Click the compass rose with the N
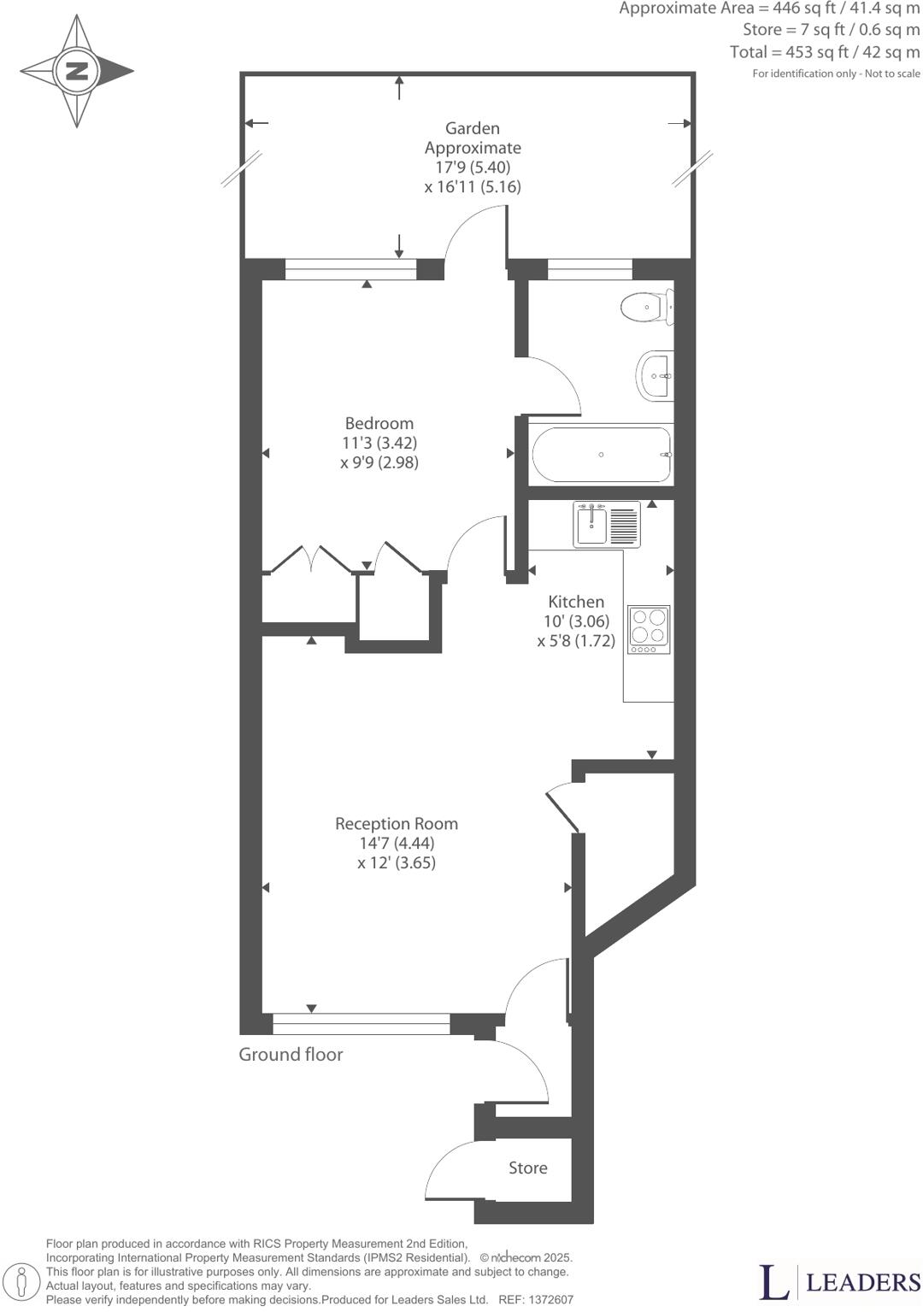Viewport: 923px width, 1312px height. click(x=77, y=71)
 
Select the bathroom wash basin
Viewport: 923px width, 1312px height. click(x=656, y=375)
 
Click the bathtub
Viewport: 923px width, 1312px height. click(x=602, y=455)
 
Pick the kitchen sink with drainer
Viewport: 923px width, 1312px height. click(x=606, y=524)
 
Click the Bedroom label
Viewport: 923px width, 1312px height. click(x=379, y=423)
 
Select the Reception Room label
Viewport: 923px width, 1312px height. click(x=396, y=824)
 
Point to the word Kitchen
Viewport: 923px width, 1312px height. click(x=576, y=602)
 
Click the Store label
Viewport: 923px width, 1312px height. click(x=527, y=1168)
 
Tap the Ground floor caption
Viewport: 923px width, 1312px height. click(x=291, y=1055)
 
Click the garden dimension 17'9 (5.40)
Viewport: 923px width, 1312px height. click(x=473, y=168)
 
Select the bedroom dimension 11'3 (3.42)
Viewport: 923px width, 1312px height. click(x=379, y=443)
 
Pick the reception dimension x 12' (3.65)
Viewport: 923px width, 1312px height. click(x=396, y=862)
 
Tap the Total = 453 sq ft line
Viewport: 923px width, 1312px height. click(x=824, y=52)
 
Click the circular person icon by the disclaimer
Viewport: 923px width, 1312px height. click(x=28, y=1281)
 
